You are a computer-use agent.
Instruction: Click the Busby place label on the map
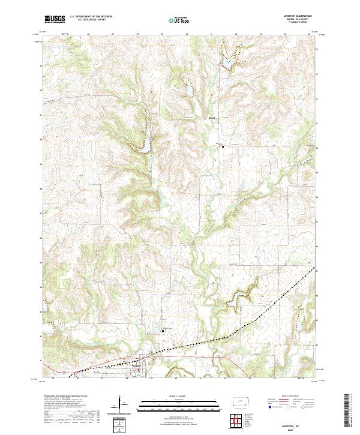[212, 118]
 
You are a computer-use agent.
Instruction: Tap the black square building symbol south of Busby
[222, 145]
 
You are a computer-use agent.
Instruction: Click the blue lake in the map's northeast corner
[230, 62]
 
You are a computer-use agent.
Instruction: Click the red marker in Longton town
[139, 371]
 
